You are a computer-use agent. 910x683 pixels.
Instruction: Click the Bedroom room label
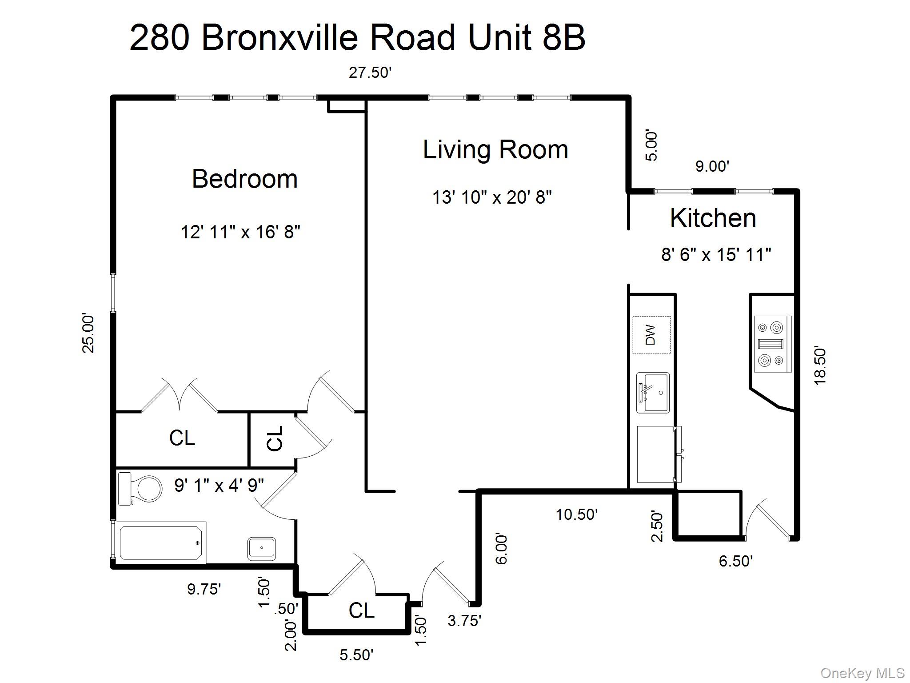pyautogui.click(x=244, y=179)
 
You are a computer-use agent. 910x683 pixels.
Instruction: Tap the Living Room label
pyautogui.click(x=495, y=149)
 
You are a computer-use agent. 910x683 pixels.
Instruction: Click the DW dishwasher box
pyautogui.click(x=651, y=335)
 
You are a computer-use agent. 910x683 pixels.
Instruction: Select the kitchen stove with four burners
pyautogui.click(x=773, y=344)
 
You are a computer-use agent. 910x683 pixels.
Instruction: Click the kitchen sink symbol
pyautogui.click(x=653, y=393)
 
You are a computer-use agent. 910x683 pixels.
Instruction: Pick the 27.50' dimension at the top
pyautogui.click(x=370, y=72)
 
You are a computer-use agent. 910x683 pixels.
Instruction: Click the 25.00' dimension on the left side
pyautogui.click(x=88, y=333)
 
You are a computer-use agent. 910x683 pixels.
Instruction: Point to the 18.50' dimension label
pyautogui.click(x=820, y=366)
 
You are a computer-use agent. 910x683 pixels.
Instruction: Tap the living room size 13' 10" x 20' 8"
pyautogui.click(x=492, y=197)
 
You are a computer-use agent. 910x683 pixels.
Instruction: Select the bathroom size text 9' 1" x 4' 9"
pyautogui.click(x=219, y=485)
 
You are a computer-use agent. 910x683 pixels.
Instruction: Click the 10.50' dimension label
pyautogui.click(x=577, y=514)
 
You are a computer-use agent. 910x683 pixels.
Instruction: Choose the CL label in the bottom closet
pyautogui.click(x=361, y=611)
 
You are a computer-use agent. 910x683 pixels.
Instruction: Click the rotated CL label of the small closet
pyautogui.click(x=275, y=438)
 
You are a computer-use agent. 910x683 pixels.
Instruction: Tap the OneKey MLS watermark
pyautogui.click(x=862, y=673)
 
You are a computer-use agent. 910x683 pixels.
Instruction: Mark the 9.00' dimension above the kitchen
pyautogui.click(x=712, y=166)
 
